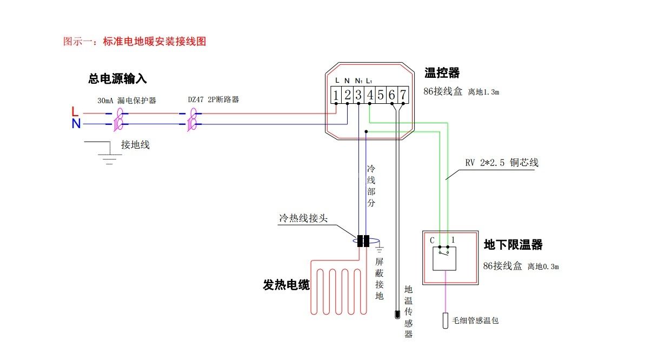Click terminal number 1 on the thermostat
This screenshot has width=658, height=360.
pos(336,95)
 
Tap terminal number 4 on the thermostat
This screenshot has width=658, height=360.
pos(370,95)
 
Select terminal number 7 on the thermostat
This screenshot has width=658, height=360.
pos(403,95)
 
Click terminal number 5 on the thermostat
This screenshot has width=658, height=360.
pos(381,95)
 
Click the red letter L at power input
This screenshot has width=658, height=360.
pos(75,111)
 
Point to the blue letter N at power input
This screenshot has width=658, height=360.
pos(76,124)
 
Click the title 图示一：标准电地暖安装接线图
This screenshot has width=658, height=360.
pos(135,41)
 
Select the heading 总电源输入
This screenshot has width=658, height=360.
pos(117,79)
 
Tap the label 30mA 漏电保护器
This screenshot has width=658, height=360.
pos(127,101)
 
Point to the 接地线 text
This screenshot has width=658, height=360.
pos(135,144)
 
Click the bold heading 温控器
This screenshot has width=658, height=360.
pos(442,72)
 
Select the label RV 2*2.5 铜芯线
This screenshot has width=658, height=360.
pos(501,163)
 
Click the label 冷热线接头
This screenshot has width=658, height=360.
pos(303,218)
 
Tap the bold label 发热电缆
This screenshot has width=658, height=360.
pos(286,285)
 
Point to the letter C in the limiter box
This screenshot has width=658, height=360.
pos(433,240)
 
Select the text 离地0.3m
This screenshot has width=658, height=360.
pos(543,266)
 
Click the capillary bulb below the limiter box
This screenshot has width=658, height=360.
pos(445,321)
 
